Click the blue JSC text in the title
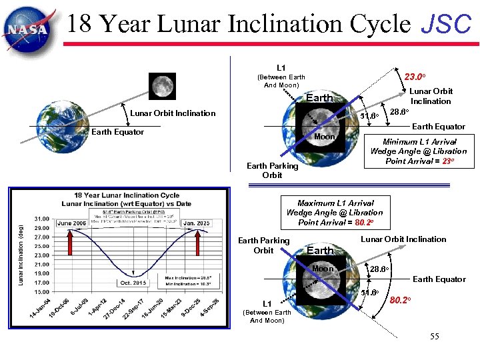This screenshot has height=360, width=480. point(446,25)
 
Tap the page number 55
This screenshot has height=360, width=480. point(434,337)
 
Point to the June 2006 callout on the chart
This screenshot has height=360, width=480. point(71,223)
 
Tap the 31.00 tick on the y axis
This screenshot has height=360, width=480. point(41,219)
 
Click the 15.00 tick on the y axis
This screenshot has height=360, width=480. point(41,291)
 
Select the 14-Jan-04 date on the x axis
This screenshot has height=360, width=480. point(39,309)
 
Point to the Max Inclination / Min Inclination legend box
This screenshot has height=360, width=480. point(187,281)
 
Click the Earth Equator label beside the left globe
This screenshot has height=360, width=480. point(117,132)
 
